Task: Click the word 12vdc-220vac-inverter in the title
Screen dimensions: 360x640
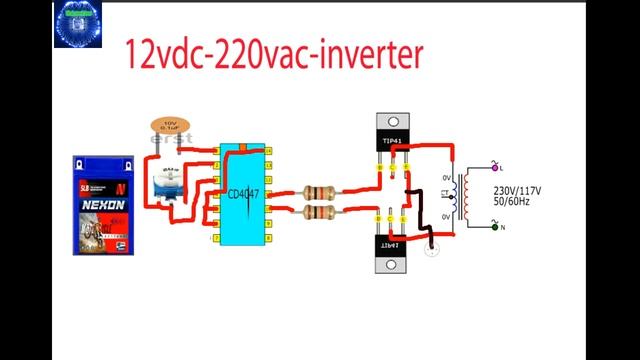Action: [271, 54]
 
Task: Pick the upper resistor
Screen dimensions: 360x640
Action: [319, 192]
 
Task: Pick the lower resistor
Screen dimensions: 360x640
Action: [319, 212]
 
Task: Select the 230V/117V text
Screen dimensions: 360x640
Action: [517, 189]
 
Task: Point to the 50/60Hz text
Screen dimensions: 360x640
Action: [515, 202]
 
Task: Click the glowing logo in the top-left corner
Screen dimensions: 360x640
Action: [78, 24]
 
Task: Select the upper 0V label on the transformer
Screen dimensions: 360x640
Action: [447, 180]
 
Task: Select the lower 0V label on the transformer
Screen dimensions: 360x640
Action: [447, 217]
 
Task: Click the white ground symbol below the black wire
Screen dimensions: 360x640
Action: [432, 250]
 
